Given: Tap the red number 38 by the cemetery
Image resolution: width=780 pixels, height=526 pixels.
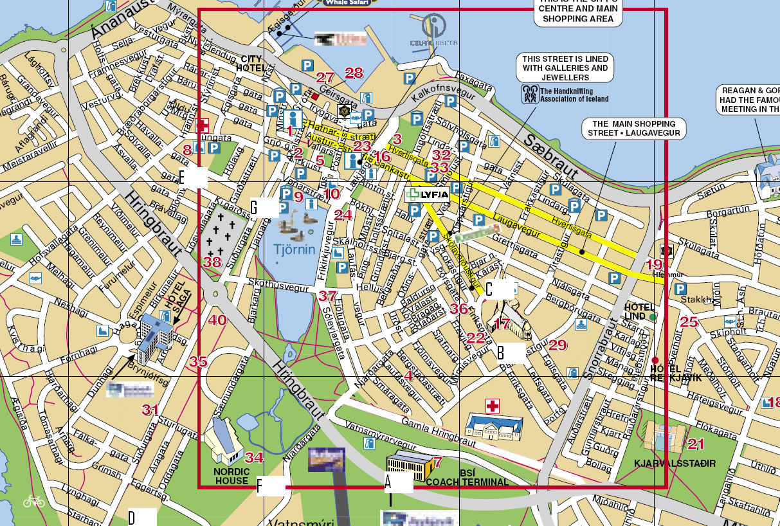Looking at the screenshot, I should pos(212,262).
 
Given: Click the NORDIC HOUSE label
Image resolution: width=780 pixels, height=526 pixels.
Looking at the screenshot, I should pos(231,476).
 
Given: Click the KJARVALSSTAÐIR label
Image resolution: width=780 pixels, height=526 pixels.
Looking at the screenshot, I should pos(675,463).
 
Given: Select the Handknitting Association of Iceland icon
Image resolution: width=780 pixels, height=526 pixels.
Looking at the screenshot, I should pos(530,95).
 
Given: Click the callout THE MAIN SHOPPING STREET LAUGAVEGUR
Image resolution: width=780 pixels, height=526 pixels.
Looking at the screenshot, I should pos(632,128).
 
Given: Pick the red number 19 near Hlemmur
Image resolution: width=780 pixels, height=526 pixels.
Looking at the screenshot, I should pos(655,264).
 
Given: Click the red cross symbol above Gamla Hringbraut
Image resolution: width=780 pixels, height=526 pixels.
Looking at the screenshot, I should pos(493,406).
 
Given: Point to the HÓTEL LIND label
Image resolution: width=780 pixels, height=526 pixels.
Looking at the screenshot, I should pos(639,311).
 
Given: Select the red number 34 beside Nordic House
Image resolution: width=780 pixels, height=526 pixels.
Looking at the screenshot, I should pos(255,458).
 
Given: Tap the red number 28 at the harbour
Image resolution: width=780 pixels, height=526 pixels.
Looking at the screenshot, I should pos(354,72).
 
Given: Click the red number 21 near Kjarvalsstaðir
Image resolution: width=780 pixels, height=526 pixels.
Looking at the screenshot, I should pos(696,444).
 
